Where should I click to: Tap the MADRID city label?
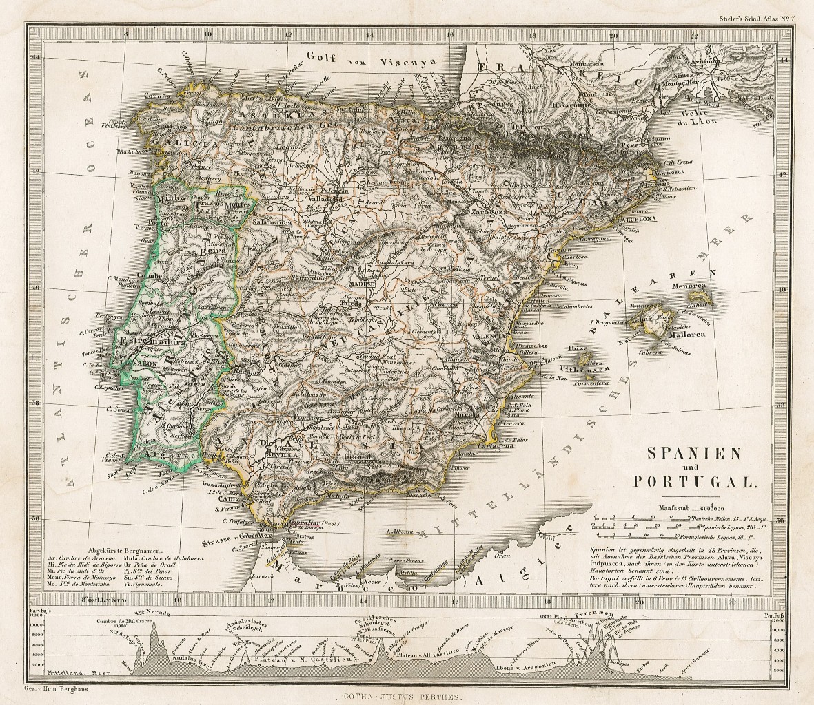(x=362, y=283)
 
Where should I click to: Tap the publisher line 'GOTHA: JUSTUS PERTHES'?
(x=407, y=696)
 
